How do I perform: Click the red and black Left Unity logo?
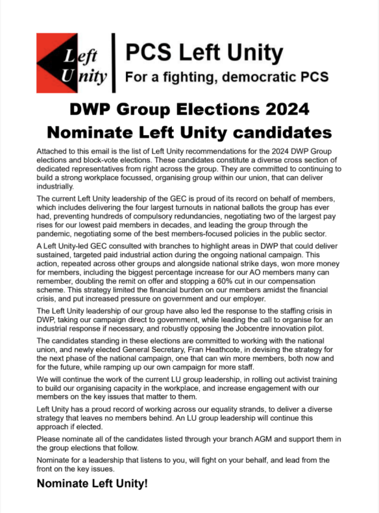(73, 63)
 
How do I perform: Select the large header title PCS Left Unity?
(203, 51)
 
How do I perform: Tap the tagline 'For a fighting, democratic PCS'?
(226, 77)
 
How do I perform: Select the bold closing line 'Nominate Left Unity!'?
(92, 483)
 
